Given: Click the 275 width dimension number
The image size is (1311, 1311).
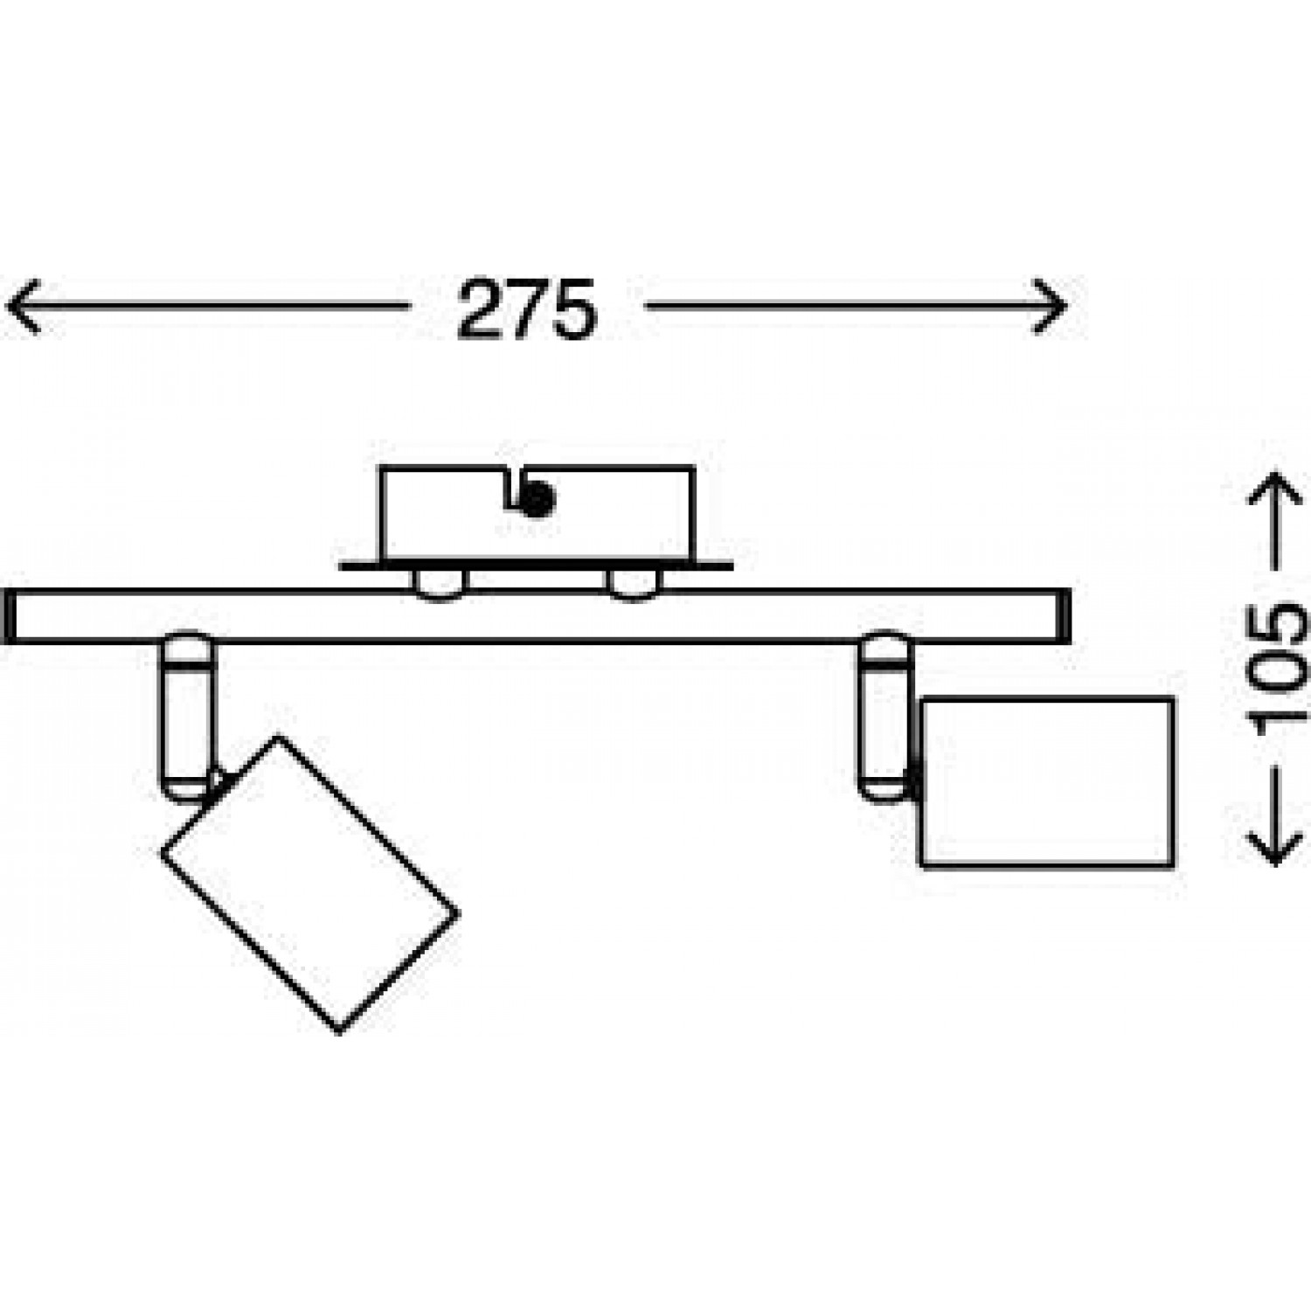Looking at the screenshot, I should (527, 309).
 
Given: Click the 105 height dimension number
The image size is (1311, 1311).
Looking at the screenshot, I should (1277, 667).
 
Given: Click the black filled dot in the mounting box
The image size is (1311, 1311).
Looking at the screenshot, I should (536, 499).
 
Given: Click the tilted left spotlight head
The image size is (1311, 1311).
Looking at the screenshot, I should (310, 883).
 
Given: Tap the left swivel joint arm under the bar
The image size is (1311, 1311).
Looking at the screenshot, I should (187, 715).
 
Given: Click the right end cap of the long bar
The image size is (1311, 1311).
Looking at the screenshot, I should (1064, 617).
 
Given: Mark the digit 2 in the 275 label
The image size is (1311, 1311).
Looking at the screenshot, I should (483, 309).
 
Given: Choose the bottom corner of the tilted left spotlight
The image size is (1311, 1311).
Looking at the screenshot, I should (339, 1031).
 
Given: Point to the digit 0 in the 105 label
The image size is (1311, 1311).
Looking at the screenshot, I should (1277, 667).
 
